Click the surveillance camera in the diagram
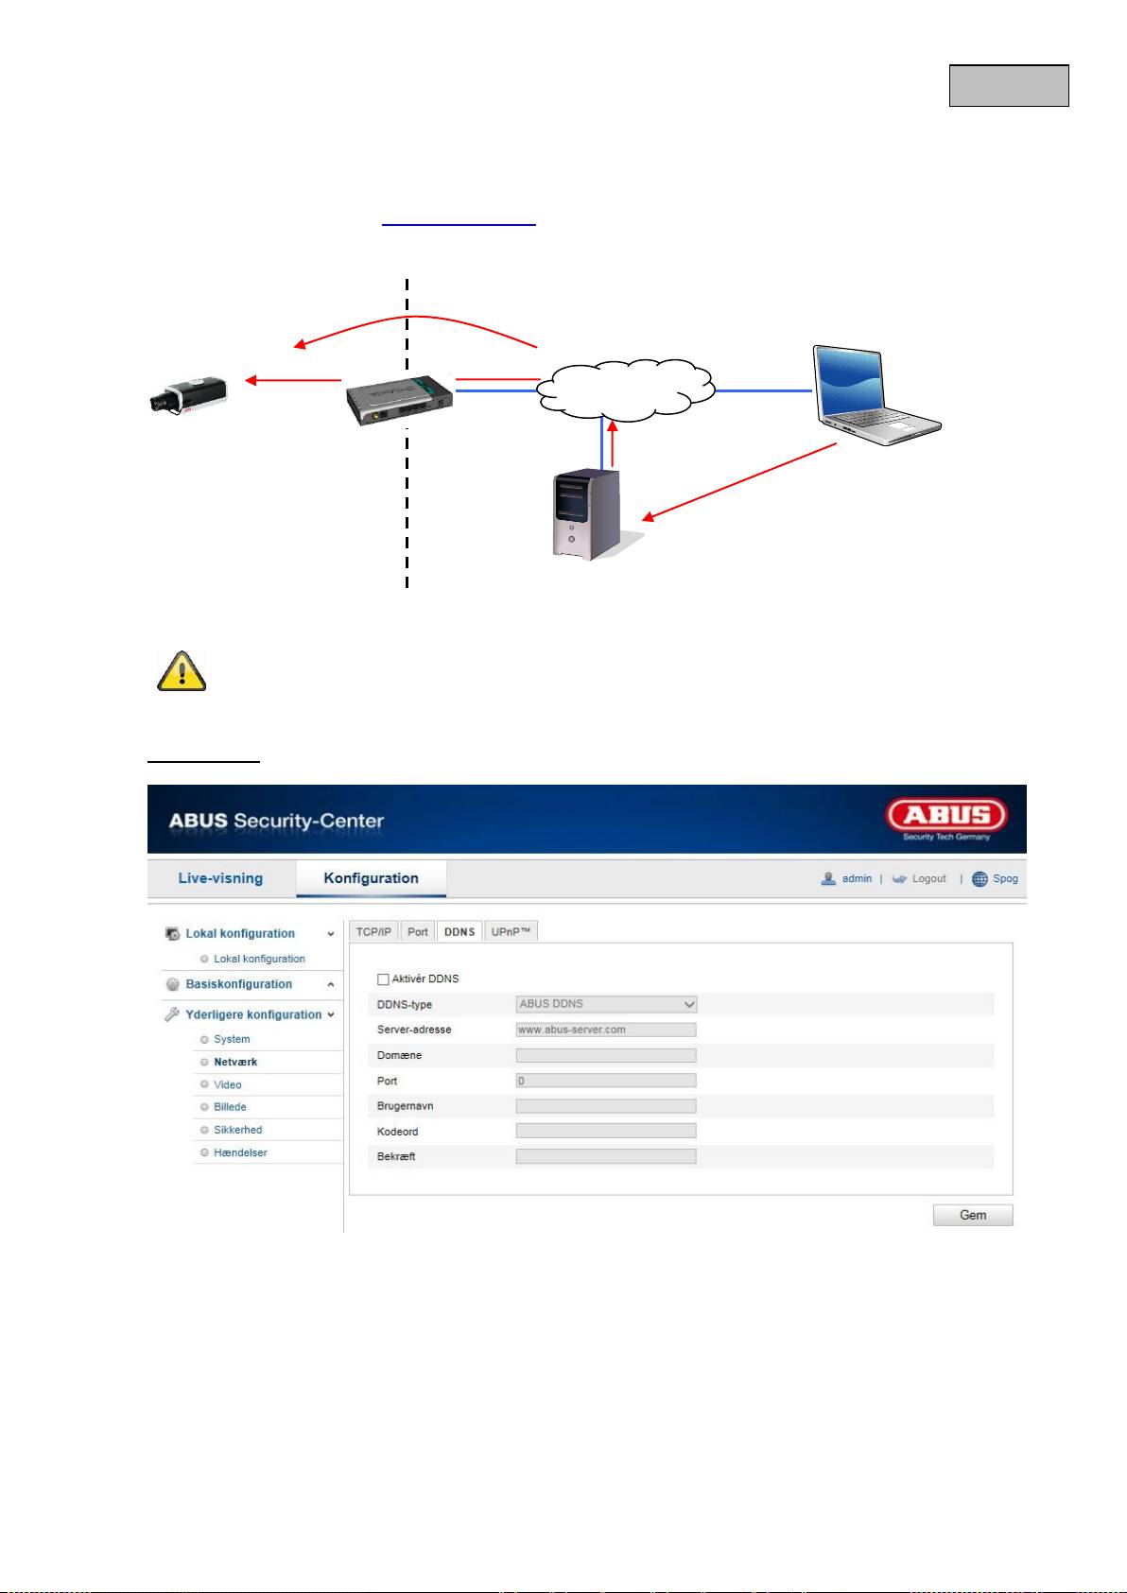(x=188, y=395)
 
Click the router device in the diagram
(x=400, y=400)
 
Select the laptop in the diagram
(x=876, y=395)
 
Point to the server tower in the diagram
(x=587, y=513)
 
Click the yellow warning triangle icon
(x=182, y=671)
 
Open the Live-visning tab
(x=220, y=878)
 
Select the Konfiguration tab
(x=372, y=878)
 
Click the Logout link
(x=928, y=879)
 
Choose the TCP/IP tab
(x=373, y=931)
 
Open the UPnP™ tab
(x=511, y=931)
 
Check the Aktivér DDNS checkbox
(x=383, y=979)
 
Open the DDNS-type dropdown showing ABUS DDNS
(x=606, y=1004)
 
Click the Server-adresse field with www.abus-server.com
(x=606, y=1030)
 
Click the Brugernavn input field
(x=606, y=1106)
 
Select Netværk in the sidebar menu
(x=235, y=1062)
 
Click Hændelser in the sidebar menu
(x=240, y=1152)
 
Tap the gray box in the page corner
(x=1009, y=86)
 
